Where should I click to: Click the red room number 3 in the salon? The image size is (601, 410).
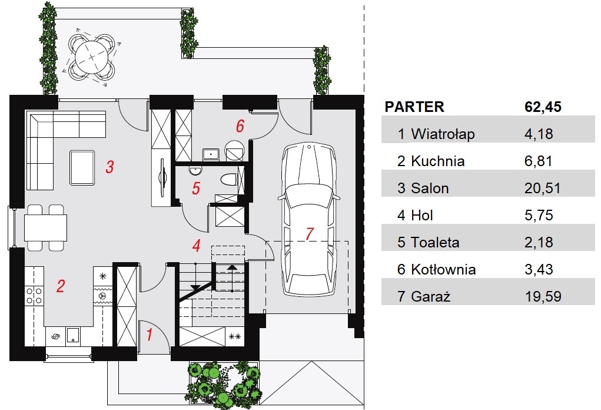pos(109,167)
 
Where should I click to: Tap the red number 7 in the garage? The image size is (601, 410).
pos(309,233)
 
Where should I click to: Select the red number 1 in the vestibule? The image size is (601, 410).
pos(150,335)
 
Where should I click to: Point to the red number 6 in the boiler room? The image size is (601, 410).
pos(240,126)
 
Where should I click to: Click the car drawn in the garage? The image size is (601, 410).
pos(309,220)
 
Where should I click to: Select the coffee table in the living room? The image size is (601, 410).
pos(82,168)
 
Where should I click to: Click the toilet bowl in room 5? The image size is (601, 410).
pos(229,180)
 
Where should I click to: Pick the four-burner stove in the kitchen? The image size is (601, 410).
pos(34,296)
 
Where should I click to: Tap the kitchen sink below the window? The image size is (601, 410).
pos(72,335)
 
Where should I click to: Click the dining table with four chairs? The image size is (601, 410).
pos(45,228)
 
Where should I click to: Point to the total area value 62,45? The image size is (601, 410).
pos(543,107)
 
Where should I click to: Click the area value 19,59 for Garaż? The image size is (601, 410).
pos(543,296)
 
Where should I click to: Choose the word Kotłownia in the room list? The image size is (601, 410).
pos(443,269)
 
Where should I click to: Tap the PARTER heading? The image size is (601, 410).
pos(414,107)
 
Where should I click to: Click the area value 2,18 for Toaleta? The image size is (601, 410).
pos(539,242)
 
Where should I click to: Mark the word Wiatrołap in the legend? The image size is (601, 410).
pos(443,134)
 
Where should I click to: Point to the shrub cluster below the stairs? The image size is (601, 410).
pos(224,382)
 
